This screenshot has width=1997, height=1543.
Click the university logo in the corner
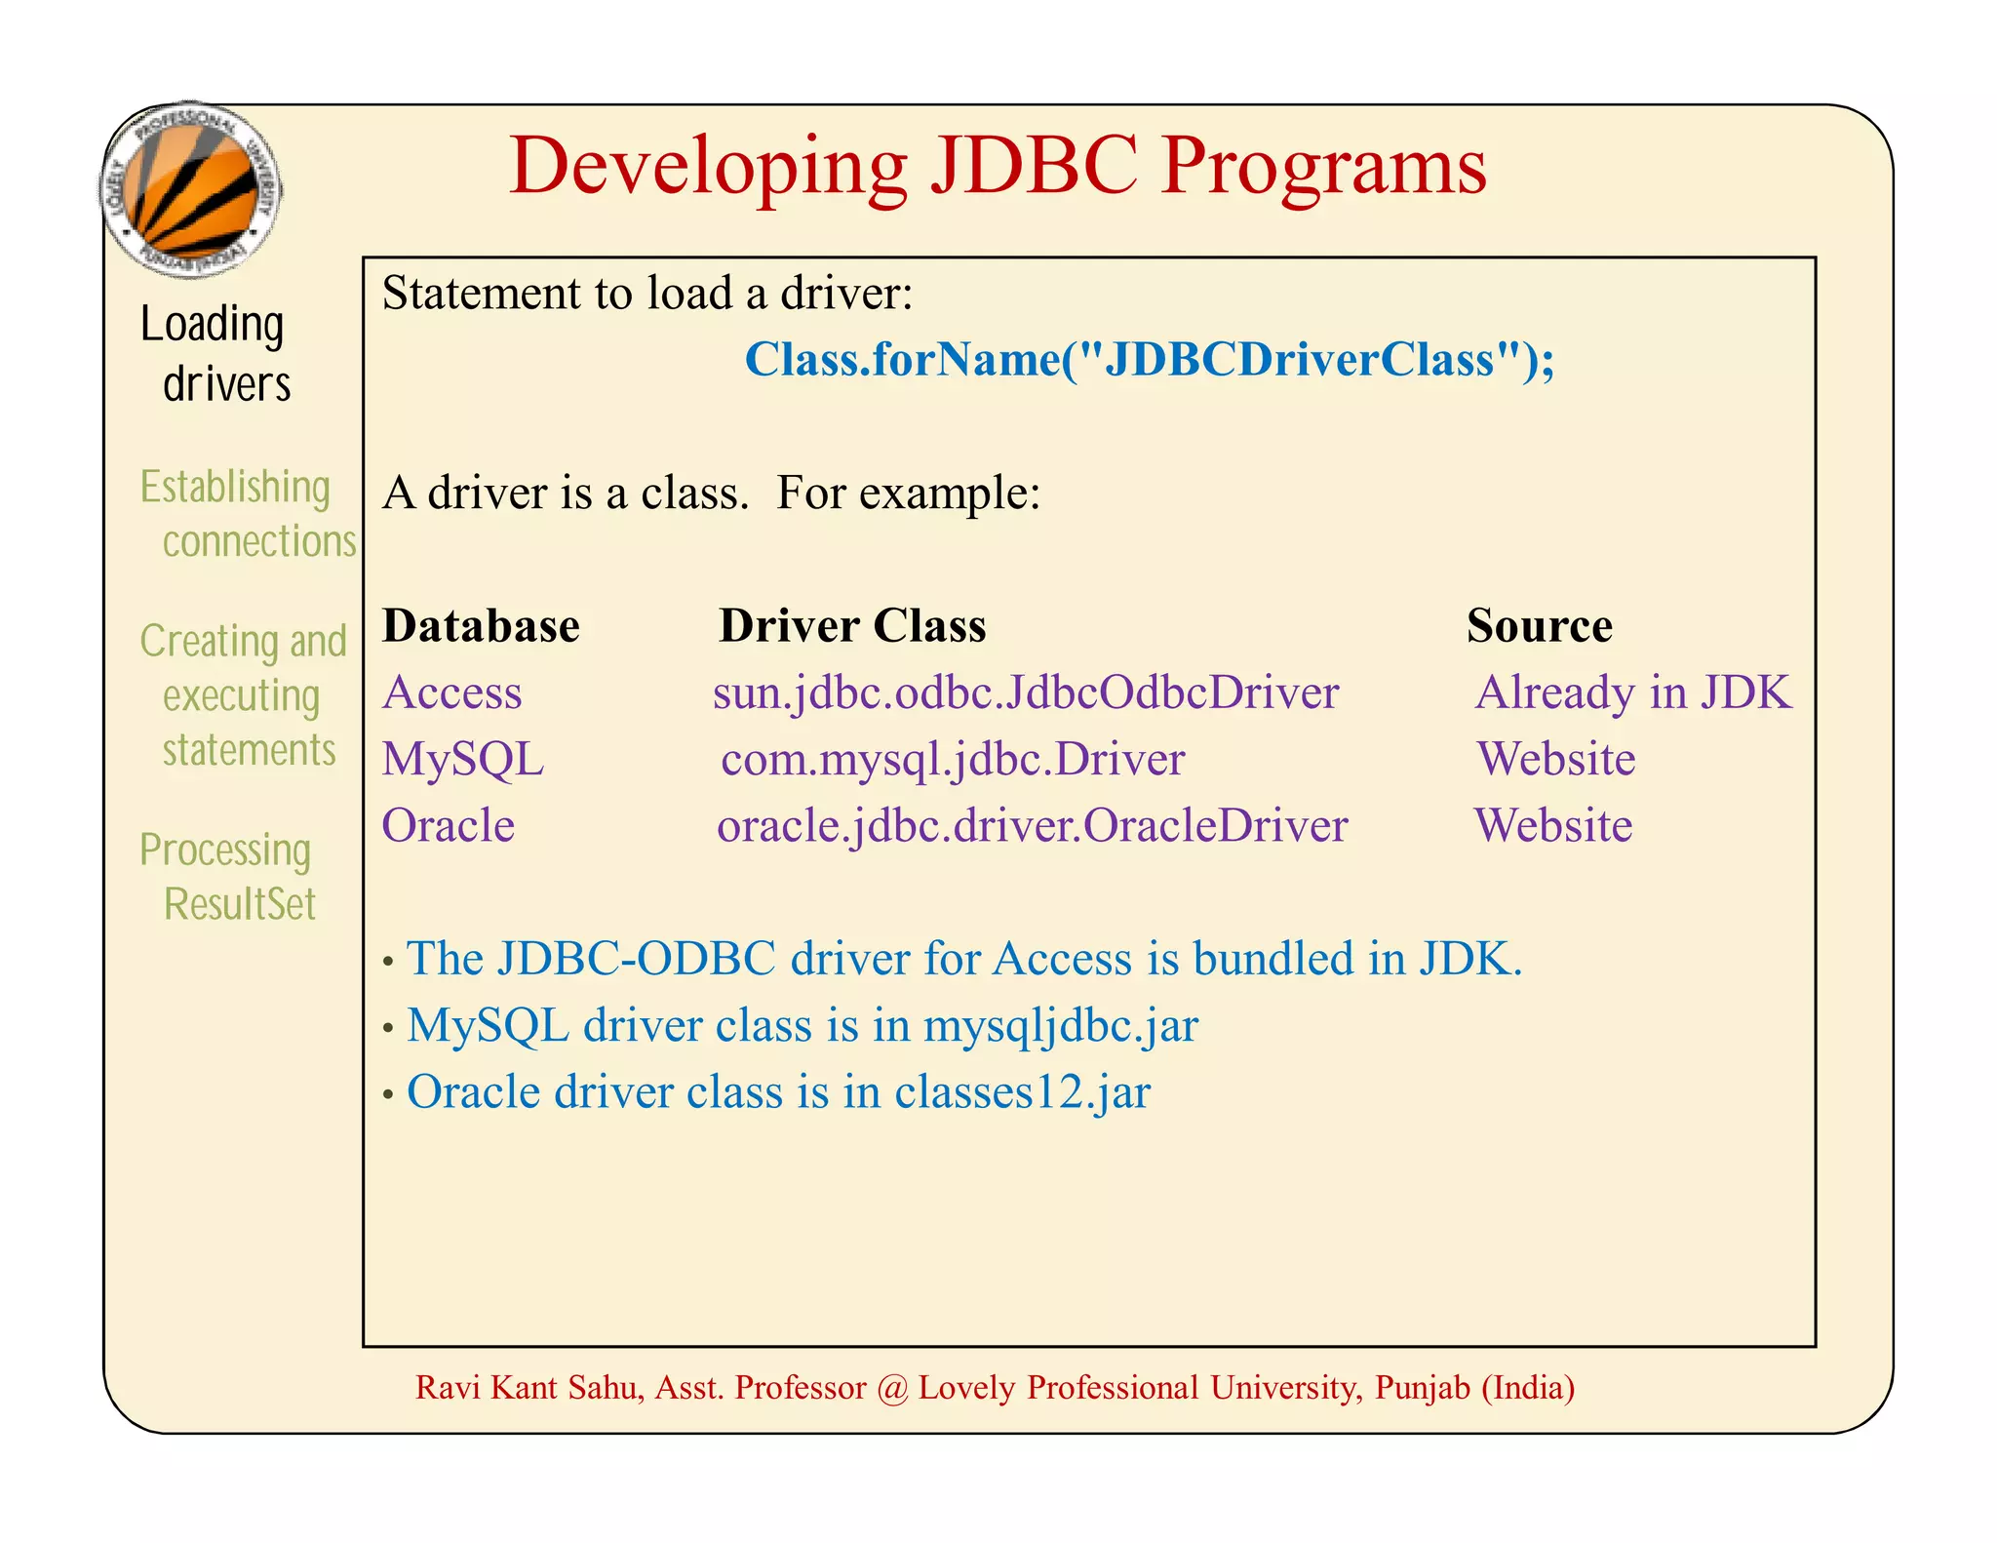tap(191, 189)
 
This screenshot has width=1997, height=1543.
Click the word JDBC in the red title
tap(1034, 166)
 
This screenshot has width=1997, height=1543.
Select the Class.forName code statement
tap(1149, 360)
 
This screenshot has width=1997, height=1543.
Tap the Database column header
tap(481, 626)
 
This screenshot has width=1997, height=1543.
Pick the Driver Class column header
tap(852, 626)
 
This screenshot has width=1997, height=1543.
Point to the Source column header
tap(1539, 626)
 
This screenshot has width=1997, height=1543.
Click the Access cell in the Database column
tap(452, 692)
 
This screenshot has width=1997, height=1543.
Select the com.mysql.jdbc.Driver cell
tap(953, 759)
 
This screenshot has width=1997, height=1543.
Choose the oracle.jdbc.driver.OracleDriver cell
tap(1032, 826)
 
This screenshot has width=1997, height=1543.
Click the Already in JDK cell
tap(1633, 692)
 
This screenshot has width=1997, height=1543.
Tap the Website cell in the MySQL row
tap(1556, 759)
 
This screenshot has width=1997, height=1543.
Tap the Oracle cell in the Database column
tap(449, 826)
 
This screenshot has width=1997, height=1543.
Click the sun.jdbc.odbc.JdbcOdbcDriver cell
tap(1026, 692)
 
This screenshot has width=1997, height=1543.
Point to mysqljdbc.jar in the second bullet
tap(1061, 1026)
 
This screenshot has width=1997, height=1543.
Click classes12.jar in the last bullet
tap(1022, 1092)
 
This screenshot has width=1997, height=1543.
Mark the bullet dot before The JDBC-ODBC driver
tap(388, 963)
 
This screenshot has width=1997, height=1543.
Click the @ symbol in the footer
tap(891, 1388)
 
